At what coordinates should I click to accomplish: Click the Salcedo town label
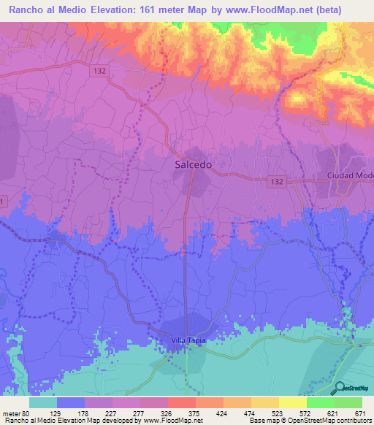tap(194, 165)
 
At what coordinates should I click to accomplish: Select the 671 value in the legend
tap(359, 413)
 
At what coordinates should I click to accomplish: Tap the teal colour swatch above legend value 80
tap(42, 402)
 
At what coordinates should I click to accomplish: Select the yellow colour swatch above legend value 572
tap(292, 402)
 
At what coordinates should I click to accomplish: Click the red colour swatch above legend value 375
tap(181, 402)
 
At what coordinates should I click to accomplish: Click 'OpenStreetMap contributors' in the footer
tap(325, 421)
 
